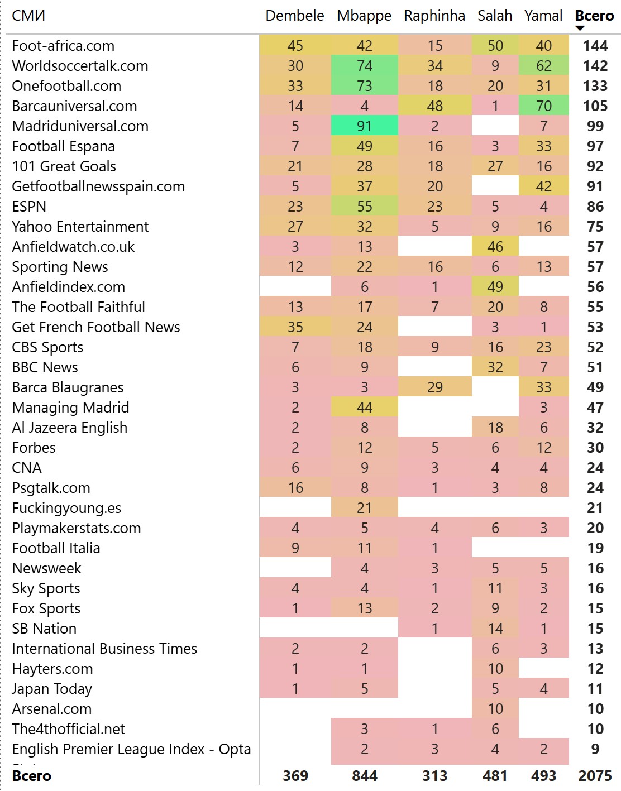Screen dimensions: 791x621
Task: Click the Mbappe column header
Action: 364,16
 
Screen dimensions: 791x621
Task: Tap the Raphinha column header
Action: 434,16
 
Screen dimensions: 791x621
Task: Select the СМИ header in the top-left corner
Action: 28,16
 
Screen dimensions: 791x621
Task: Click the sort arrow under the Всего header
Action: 580,28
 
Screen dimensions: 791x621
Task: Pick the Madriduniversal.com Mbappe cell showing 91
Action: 364,126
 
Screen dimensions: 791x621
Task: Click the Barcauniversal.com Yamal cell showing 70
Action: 543,106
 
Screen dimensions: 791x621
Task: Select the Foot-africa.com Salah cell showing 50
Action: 495,46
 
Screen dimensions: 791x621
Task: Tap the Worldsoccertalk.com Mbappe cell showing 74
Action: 364,66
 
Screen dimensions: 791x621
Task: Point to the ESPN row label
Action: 29,207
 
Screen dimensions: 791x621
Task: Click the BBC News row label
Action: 45,367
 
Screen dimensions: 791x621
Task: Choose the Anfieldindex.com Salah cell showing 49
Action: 495,287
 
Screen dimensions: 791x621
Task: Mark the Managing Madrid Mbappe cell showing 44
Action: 364,408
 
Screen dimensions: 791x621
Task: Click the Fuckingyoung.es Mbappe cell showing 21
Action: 364,508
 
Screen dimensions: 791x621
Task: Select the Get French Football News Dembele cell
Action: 295,327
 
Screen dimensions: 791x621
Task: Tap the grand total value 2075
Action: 595,776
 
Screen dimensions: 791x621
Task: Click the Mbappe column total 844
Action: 364,776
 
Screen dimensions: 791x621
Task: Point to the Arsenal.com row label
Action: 51,709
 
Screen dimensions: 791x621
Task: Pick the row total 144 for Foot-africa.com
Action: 595,46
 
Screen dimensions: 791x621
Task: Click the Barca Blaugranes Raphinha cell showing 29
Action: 434,387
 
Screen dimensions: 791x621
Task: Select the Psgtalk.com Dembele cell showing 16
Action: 295,488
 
